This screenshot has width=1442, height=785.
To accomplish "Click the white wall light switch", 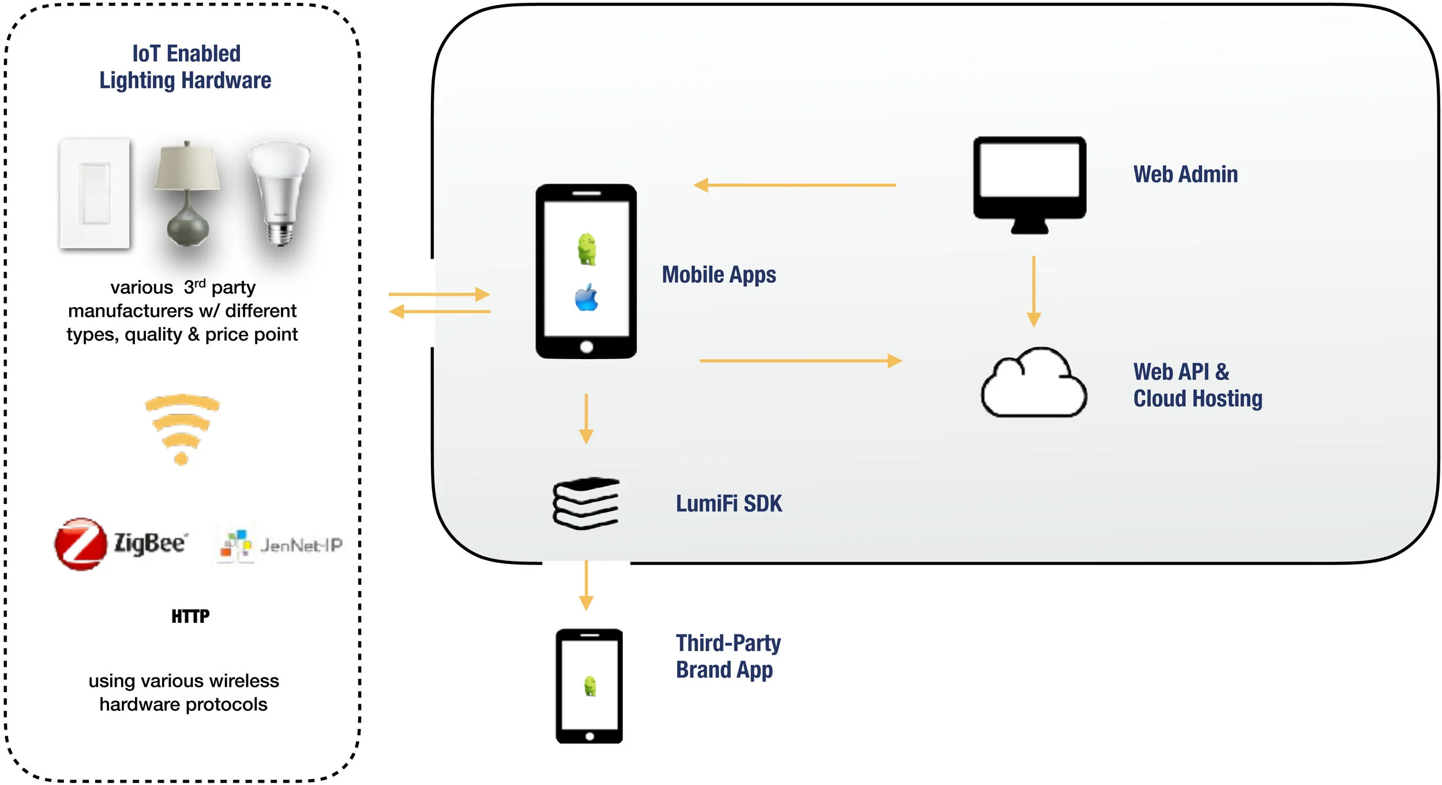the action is pyautogui.click(x=95, y=194).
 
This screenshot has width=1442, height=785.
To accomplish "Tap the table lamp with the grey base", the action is pyautogui.click(x=187, y=194).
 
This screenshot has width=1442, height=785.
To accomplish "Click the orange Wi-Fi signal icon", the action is pyautogui.click(x=182, y=429).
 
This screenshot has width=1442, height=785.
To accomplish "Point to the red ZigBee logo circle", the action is pyautogui.click(x=81, y=544).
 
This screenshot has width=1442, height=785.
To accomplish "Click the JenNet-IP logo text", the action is pyautogui.click(x=301, y=545).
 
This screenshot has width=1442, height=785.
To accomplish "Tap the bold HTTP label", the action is pyautogui.click(x=190, y=616).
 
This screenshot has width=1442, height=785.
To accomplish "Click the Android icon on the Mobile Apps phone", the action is pyautogui.click(x=587, y=249).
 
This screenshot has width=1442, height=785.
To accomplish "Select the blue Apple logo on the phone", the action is pyautogui.click(x=587, y=297).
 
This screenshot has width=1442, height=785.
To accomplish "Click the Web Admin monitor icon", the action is pyautogui.click(x=1030, y=185).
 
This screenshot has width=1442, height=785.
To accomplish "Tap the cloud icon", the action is pyautogui.click(x=1034, y=382).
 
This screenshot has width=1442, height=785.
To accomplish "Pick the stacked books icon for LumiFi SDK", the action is pyautogui.click(x=586, y=503).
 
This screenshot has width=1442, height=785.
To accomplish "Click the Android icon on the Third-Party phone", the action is pyautogui.click(x=589, y=686).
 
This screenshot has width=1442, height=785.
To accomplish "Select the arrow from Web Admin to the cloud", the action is pyautogui.click(x=1034, y=291).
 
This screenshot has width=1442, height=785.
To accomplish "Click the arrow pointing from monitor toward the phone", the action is pyautogui.click(x=794, y=185).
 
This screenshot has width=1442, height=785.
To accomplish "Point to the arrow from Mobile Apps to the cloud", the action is pyautogui.click(x=801, y=361).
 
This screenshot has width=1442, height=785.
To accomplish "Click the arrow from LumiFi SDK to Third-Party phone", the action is pyautogui.click(x=586, y=585).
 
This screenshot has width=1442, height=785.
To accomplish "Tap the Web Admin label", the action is pyautogui.click(x=1185, y=174).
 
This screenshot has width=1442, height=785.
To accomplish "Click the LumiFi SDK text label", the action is pyautogui.click(x=729, y=504).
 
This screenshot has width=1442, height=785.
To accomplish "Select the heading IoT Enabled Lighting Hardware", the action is pyautogui.click(x=185, y=67).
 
